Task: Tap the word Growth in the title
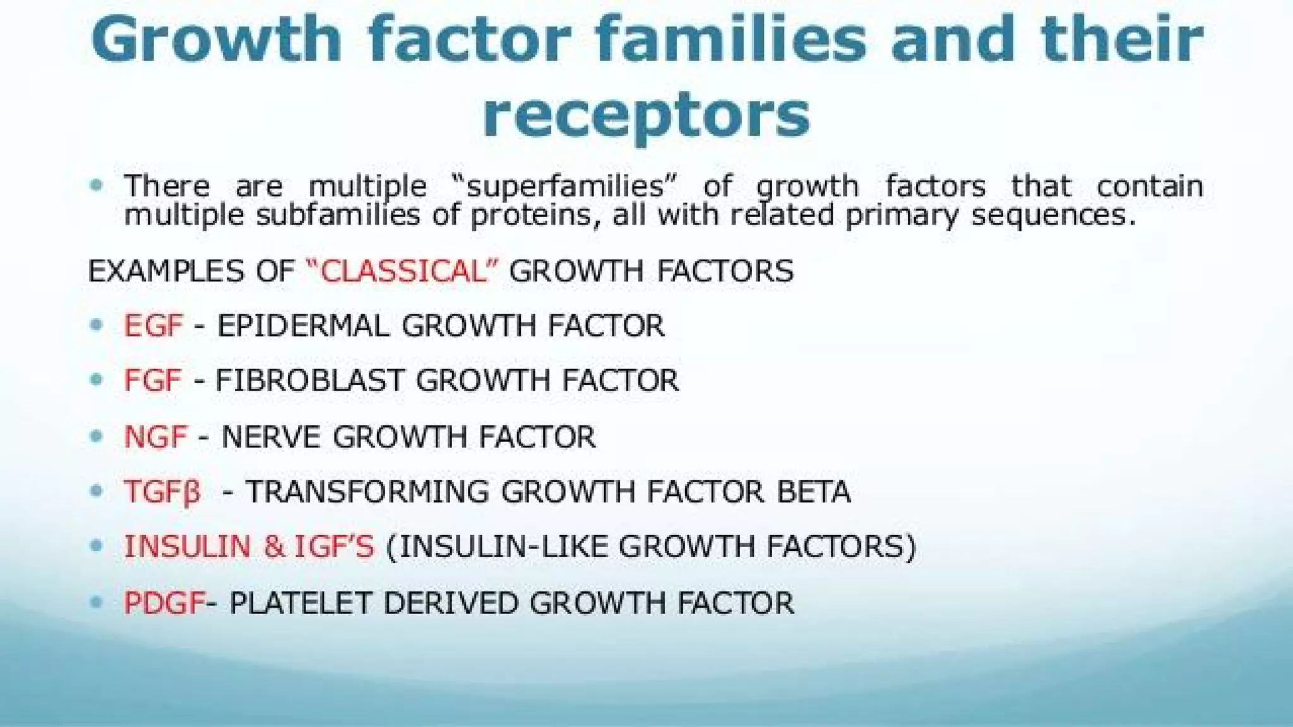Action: [215, 39]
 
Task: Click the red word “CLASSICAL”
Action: [402, 271]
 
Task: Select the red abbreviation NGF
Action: [155, 437]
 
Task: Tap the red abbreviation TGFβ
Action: [162, 492]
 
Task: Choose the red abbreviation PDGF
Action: [164, 603]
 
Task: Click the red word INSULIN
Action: [188, 547]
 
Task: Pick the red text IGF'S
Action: [334, 547]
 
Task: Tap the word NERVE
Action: [271, 437]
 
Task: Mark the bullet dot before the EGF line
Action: [96, 325]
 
